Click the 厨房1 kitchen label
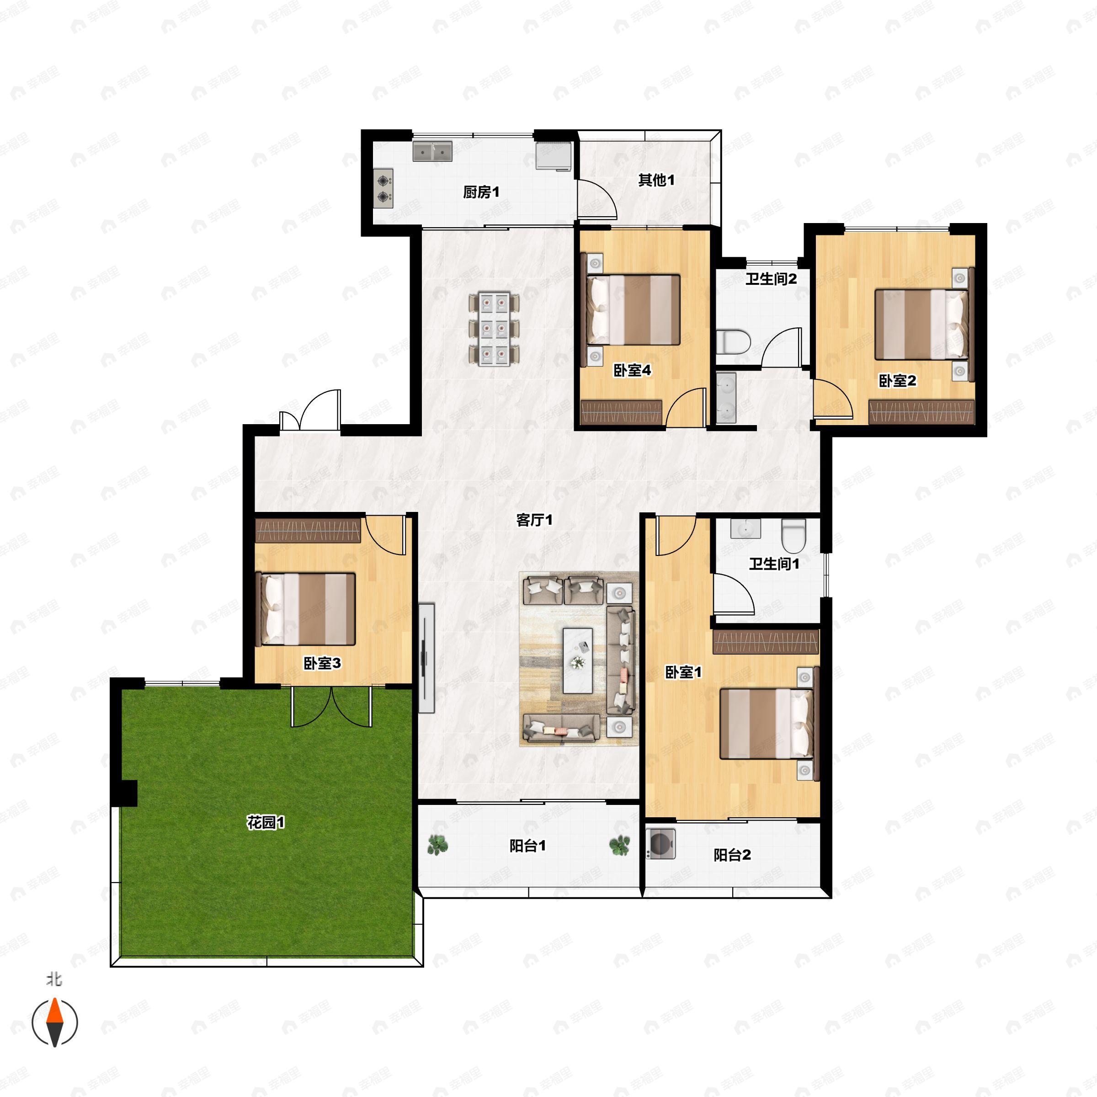(x=481, y=192)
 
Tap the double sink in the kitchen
(x=432, y=152)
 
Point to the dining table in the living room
(x=494, y=329)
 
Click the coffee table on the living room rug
(x=577, y=660)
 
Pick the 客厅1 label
(x=534, y=520)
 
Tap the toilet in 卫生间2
(x=733, y=342)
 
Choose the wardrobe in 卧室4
(x=621, y=412)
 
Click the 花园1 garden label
(x=266, y=822)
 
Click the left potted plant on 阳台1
(x=437, y=845)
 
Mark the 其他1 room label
(x=656, y=180)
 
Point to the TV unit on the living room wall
(x=426, y=658)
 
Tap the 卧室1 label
(x=684, y=672)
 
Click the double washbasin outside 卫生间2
(x=726, y=398)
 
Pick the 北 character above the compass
(x=54, y=980)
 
